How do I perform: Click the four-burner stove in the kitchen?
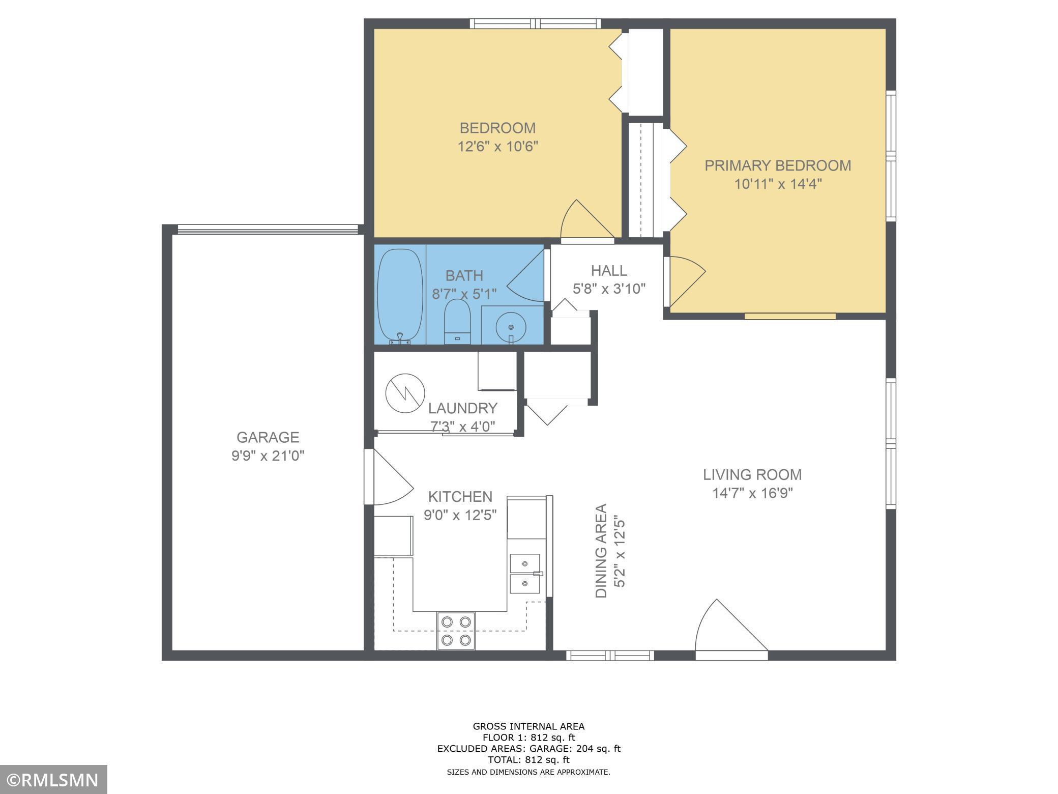coord(456,631)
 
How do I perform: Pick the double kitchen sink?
coord(525,574)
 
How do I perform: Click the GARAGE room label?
coord(268,437)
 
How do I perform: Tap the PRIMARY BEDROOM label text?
coord(777,165)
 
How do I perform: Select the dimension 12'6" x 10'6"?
coord(497,147)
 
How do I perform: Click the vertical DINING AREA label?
coord(602,551)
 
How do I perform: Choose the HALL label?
coord(609,270)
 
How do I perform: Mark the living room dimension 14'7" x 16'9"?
coord(752,493)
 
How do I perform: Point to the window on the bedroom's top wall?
coord(535,23)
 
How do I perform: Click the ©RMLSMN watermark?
coord(53,779)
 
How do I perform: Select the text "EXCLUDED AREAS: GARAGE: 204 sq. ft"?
coord(528,749)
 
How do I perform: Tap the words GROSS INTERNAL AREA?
coord(528,726)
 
